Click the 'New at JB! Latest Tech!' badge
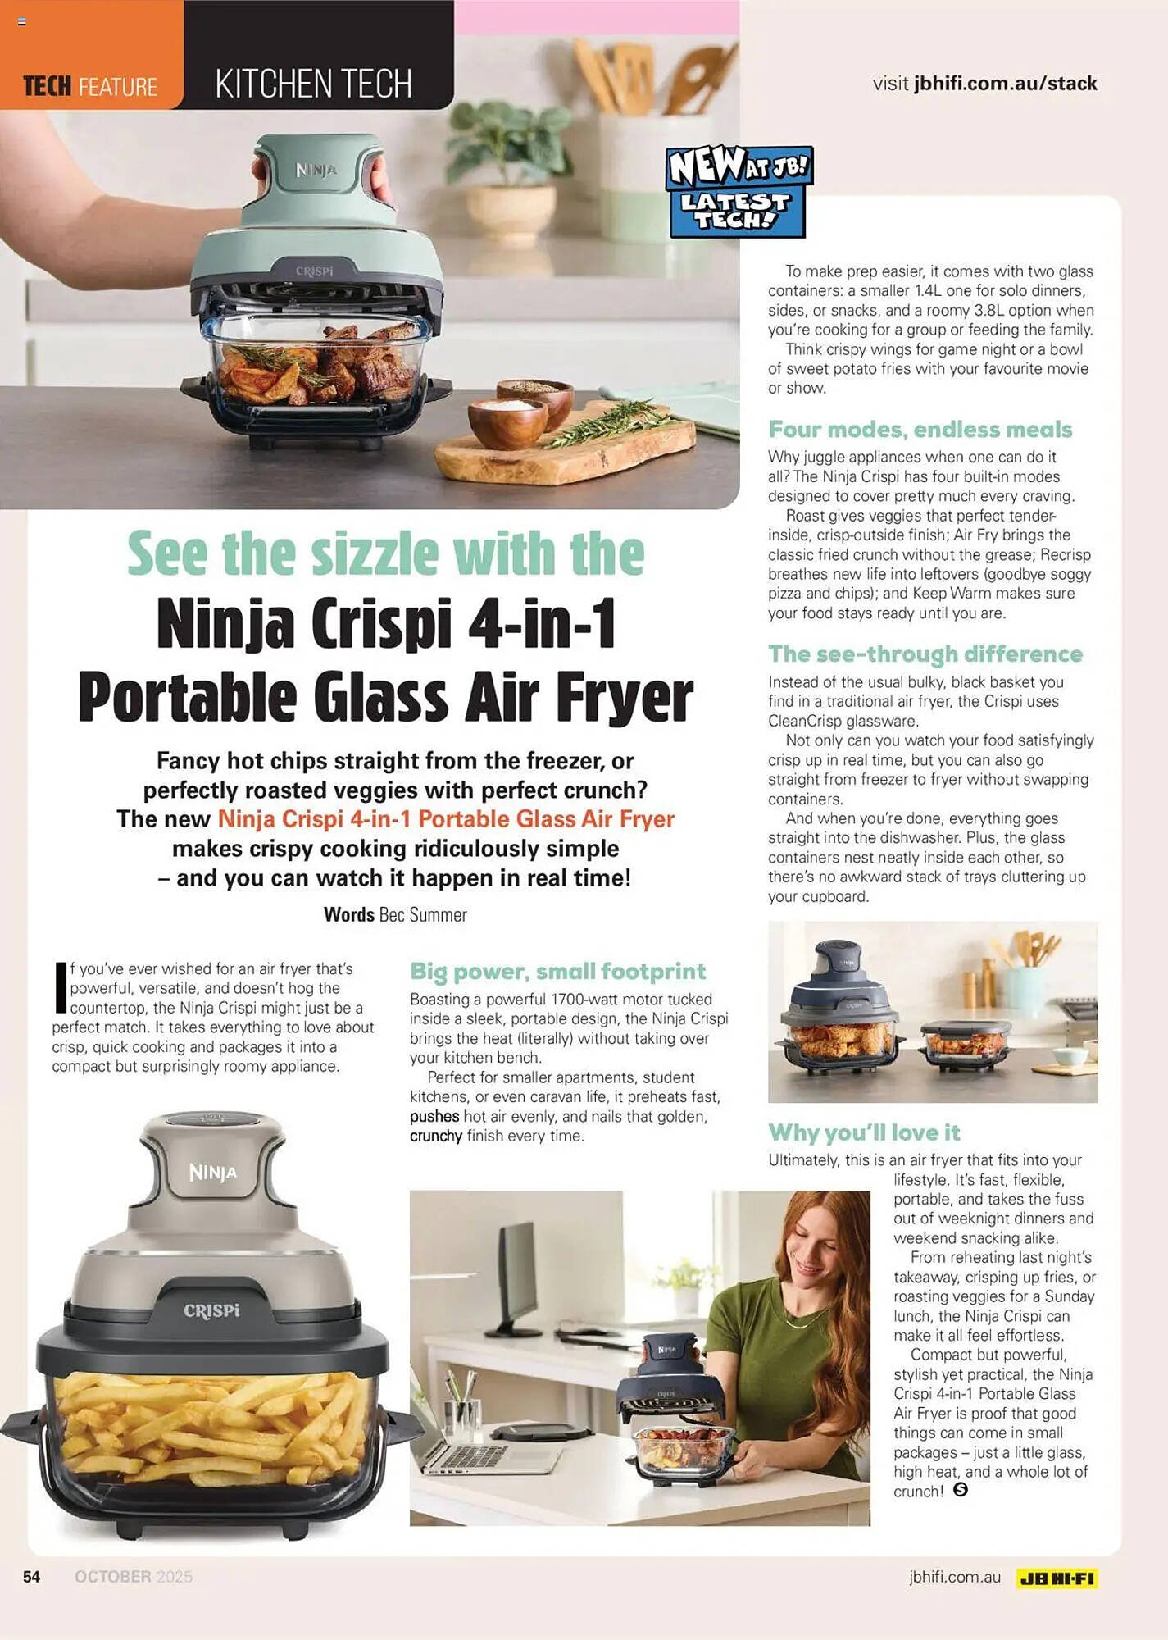[739, 191]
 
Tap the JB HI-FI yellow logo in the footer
[1057, 1578]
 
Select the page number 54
[32, 1577]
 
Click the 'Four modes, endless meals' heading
[920, 430]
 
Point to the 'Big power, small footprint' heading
[557, 972]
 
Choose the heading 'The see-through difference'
[925, 654]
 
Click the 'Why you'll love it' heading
[864, 1132]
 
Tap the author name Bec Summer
[423, 915]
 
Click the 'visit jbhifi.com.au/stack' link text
[984, 84]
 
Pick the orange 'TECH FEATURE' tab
[90, 86]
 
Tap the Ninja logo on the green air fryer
[316, 170]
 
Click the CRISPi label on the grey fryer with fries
[211, 1310]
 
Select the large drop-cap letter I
[60, 986]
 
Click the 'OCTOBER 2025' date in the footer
[134, 1577]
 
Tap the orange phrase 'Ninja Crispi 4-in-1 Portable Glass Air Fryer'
[446, 819]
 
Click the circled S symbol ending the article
[961, 1490]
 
